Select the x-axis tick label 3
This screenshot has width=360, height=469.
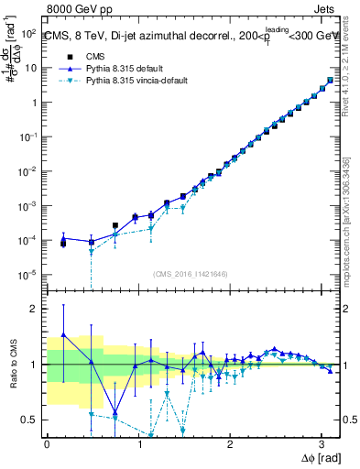pyautogui.click(x=322, y=444)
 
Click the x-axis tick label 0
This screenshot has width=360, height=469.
pyautogui.click(x=47, y=444)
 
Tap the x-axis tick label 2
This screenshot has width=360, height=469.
pyautogui.click(x=230, y=444)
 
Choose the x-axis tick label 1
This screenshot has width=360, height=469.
pyautogui.click(x=138, y=444)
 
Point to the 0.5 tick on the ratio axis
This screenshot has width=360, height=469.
pyautogui.click(x=31, y=420)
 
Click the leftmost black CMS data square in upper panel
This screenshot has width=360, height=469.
pyautogui.click(x=63, y=243)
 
